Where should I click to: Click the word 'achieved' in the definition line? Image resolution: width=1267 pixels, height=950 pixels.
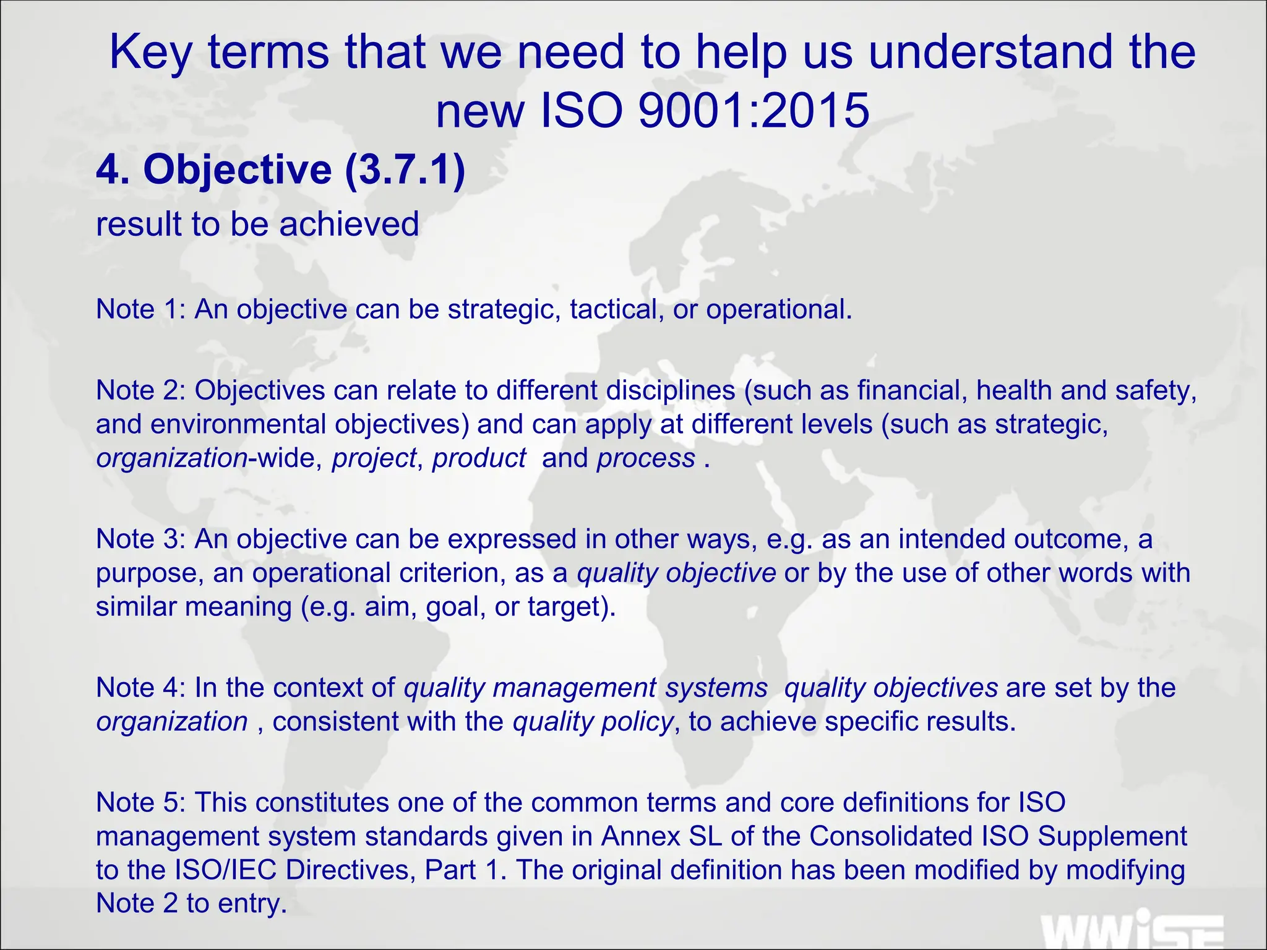pos(349,224)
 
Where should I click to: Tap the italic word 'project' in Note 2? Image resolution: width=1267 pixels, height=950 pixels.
pos(374,458)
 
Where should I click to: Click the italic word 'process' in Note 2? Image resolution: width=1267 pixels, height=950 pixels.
pos(646,458)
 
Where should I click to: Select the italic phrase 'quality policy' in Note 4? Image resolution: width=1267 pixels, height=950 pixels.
pos(592,722)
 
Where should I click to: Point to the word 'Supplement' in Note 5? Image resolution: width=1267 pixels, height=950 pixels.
pos(1112,836)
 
